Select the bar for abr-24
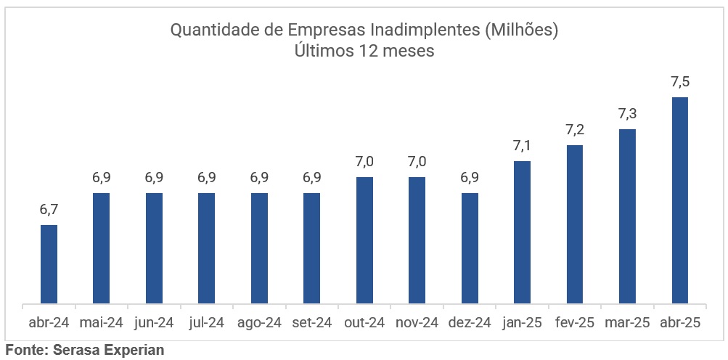click(x=49, y=264)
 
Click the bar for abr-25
click(x=680, y=200)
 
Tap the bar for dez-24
click(x=470, y=248)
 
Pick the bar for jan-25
click(x=522, y=232)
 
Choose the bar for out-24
click(x=364, y=240)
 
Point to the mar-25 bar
click(x=627, y=216)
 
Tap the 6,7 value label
click(x=49, y=210)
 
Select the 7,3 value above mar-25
click(x=627, y=114)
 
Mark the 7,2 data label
click(x=575, y=130)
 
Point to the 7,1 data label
click(x=522, y=146)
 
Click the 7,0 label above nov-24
click(x=417, y=162)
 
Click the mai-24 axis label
click(x=101, y=323)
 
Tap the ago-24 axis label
click(x=259, y=323)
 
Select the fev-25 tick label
click(x=575, y=323)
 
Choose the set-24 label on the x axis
click(x=311, y=323)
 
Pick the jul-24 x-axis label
click(x=206, y=323)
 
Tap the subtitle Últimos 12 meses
click(x=364, y=52)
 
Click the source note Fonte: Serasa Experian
click(x=85, y=350)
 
